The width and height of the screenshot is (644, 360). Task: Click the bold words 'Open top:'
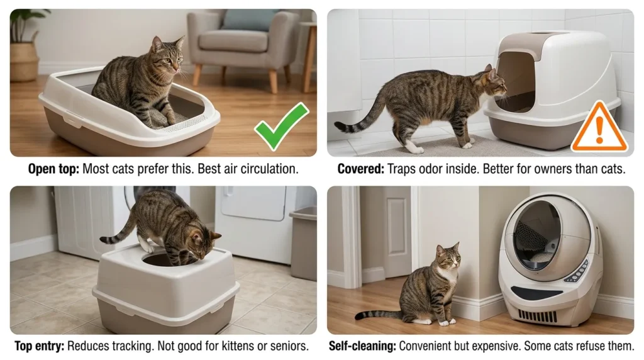(53, 169)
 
